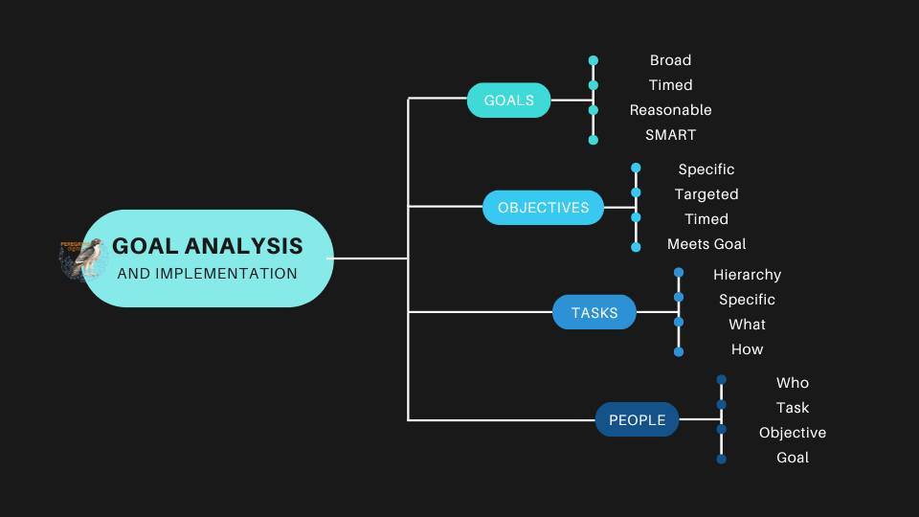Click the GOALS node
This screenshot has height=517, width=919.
pos(508,101)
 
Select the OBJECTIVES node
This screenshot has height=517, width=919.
pos(543,208)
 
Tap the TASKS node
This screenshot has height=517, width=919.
pos(594,313)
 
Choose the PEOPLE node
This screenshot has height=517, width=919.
pos(637,419)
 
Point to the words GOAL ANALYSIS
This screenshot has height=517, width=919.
pos(207,246)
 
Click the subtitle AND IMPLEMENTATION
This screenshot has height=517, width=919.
pos(207,274)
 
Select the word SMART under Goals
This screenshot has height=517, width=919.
pos(670,135)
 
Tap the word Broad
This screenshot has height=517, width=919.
pos(670,60)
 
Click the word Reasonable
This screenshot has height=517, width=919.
pos(670,110)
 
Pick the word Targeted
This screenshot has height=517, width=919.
pos(706,194)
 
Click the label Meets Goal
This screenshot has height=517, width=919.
pos(706,244)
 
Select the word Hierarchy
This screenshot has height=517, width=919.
pos(747,275)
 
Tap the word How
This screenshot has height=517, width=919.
pos(747,349)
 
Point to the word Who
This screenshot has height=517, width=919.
pos(793,383)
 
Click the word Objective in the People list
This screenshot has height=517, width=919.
pos(793,433)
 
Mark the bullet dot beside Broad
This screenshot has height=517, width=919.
pos(594,60)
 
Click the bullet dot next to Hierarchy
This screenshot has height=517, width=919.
pos(679,273)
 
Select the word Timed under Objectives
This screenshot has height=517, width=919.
pos(706,219)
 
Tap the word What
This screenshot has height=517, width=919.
pos(747,325)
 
